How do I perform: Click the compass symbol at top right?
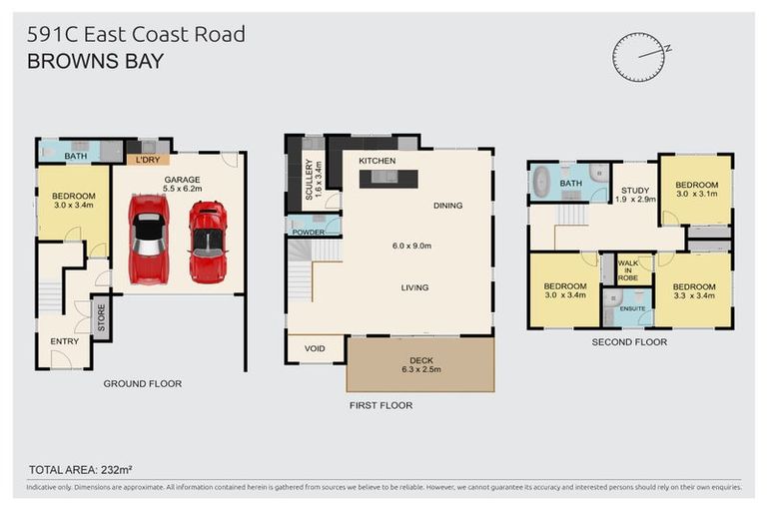pos(638,57)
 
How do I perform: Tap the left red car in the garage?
pos(149,239)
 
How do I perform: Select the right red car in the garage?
pos(207,242)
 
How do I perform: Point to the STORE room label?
pos(101,318)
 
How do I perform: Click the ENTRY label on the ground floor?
pos(65,341)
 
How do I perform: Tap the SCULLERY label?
pos(309,181)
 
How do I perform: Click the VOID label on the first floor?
pos(315,348)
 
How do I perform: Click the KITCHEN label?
pos(378,161)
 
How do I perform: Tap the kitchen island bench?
pos(392,179)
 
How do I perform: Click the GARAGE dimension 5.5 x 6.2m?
pos(183,188)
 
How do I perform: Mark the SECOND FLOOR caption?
pos(628,341)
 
